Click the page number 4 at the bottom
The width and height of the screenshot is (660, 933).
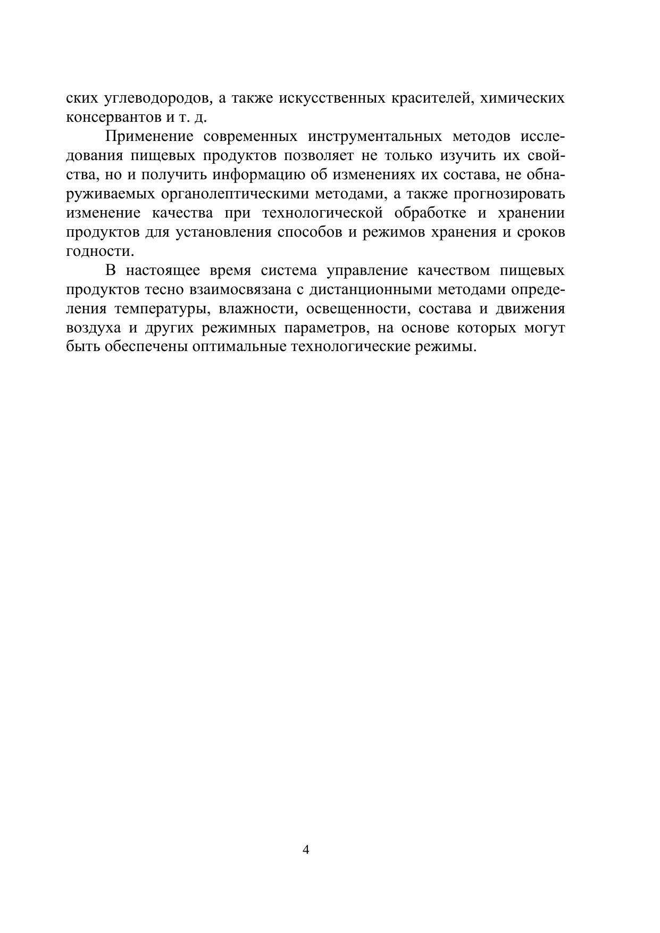tap(306, 849)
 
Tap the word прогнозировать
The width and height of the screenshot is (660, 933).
tap(510, 194)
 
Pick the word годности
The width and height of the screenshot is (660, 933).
tap(100, 252)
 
